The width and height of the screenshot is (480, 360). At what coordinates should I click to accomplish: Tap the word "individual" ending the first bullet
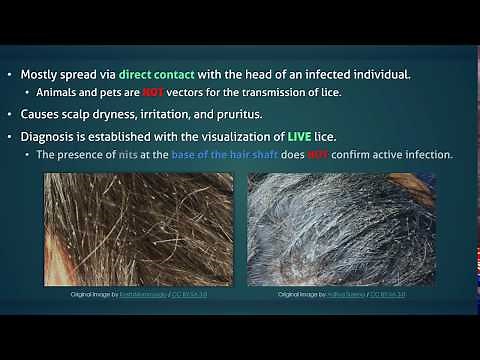pos(376,74)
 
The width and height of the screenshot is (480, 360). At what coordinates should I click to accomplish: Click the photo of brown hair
pos(138,230)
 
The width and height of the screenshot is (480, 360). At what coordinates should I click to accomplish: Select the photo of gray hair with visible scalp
pos(341,230)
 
